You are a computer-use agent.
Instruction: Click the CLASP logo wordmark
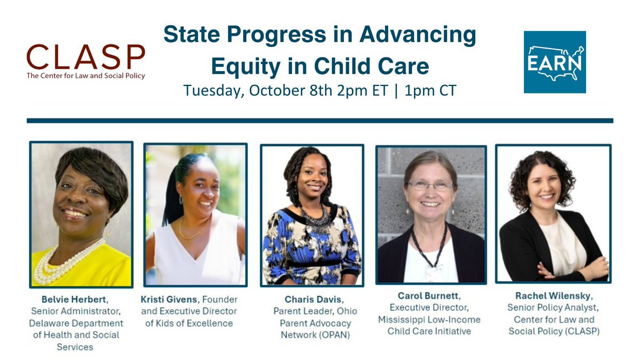[x=86, y=57]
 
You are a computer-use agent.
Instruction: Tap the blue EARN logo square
[x=555, y=62]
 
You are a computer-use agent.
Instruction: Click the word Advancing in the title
[x=418, y=35]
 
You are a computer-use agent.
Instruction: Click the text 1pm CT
[x=430, y=90]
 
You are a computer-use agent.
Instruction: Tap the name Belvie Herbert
[x=74, y=299]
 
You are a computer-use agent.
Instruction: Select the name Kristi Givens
[x=169, y=299]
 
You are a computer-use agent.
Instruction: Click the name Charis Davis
[x=313, y=299]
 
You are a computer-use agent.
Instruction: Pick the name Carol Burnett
[x=428, y=295]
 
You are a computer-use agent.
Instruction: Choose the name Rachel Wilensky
[x=553, y=296]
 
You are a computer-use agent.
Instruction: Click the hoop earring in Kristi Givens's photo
[x=181, y=199]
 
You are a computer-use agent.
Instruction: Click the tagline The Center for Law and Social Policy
[x=86, y=76]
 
